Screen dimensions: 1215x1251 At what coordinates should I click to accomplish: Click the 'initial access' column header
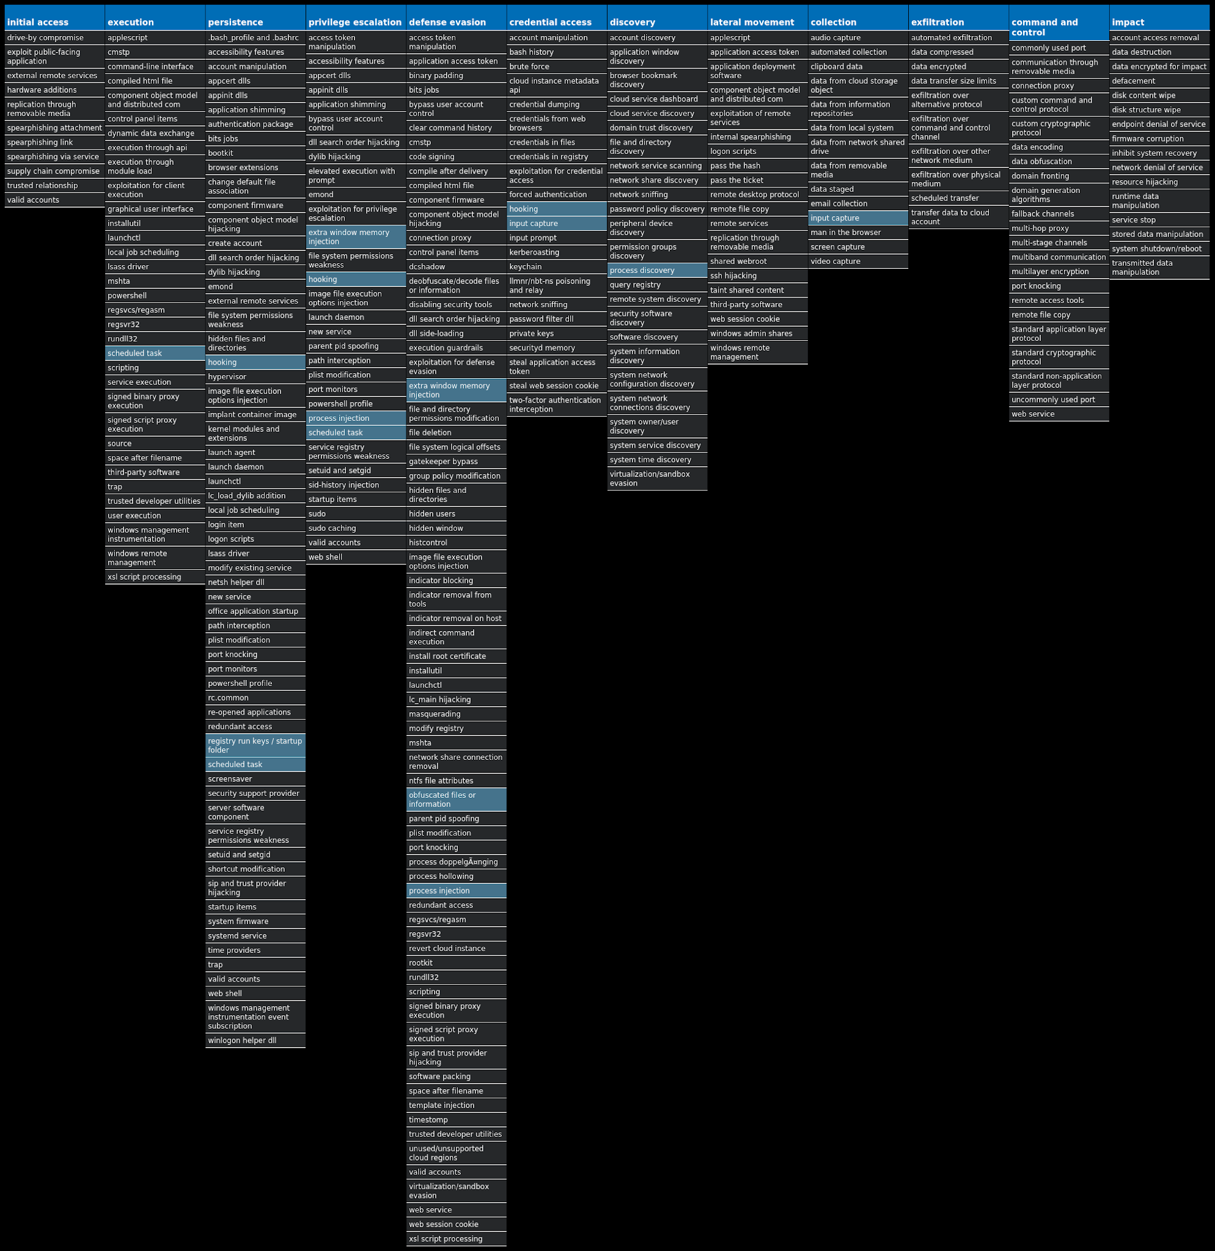coord(54,22)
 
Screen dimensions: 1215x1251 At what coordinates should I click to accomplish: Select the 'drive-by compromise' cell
coord(54,38)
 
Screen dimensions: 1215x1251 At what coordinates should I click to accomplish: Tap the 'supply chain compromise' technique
coord(54,171)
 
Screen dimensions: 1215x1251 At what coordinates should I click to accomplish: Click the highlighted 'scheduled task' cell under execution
coord(155,353)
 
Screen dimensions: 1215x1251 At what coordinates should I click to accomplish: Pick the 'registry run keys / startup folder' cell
coord(255,745)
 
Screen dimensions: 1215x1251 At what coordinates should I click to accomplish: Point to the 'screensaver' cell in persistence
coord(255,779)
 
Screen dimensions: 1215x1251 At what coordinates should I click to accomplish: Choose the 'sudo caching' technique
coord(355,528)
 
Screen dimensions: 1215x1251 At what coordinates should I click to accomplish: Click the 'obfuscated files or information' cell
coord(456,799)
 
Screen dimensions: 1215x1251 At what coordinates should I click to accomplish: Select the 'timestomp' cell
coord(456,1120)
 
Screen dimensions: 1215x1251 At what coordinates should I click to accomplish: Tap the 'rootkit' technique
coord(456,963)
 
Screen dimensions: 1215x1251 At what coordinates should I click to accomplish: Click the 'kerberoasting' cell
coord(556,252)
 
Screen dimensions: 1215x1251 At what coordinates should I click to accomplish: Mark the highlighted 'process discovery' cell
coord(656,270)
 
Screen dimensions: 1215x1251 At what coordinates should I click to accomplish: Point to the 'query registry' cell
coord(656,285)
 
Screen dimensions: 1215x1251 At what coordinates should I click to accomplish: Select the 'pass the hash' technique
coord(757,166)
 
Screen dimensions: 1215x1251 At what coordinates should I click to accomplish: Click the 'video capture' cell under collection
coord(857,261)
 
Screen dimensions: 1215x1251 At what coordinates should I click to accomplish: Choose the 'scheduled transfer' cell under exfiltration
coord(958,198)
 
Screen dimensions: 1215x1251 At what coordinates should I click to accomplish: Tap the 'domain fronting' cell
coord(1059,175)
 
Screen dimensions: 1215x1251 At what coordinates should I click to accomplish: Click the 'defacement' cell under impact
coord(1159,81)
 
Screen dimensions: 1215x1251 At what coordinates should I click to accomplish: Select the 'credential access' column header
coord(556,22)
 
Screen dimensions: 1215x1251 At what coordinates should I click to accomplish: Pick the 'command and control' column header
coord(1059,27)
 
